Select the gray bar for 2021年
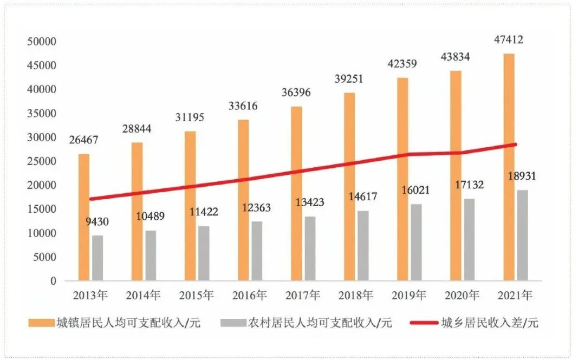tap(522, 235)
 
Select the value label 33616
tap(242, 106)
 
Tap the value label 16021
tap(416, 191)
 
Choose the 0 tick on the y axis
tap(53, 281)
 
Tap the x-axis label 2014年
tap(144, 296)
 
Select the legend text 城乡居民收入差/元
tap(490, 323)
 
